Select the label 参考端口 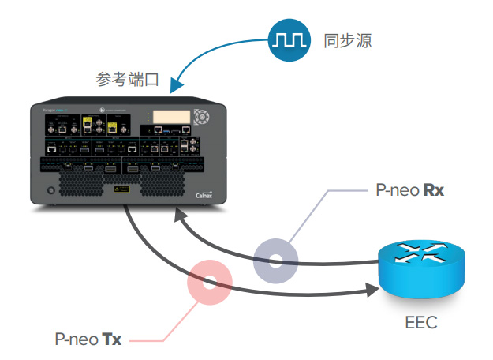[x=128, y=80]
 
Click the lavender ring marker [x=275, y=259]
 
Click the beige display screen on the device [x=171, y=116]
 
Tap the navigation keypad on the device [x=203, y=116]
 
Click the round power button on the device [x=52, y=190]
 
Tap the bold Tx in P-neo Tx [x=112, y=339]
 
